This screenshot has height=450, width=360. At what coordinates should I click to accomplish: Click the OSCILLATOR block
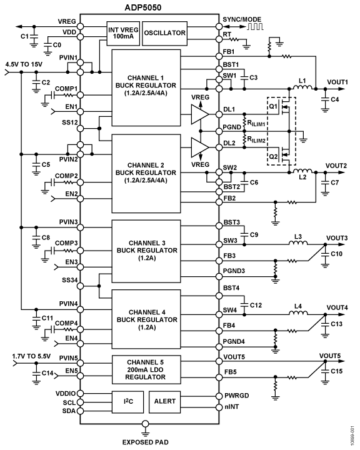(x=165, y=33)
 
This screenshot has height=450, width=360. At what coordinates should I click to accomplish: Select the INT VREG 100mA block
(x=123, y=33)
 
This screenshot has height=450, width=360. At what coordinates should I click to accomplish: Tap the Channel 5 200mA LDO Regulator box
(x=146, y=369)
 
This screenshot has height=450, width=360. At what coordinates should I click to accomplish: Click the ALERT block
(x=165, y=402)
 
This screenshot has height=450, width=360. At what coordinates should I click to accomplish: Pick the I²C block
(x=127, y=402)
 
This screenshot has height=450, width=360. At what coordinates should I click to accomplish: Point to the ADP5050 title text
(x=143, y=7)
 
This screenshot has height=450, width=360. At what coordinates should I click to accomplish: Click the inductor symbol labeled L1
(x=302, y=87)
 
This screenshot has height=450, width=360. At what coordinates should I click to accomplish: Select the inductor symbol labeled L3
(x=298, y=242)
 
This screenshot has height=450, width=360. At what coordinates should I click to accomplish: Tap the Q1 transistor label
(x=273, y=106)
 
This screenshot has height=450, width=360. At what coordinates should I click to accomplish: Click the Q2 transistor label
(x=273, y=157)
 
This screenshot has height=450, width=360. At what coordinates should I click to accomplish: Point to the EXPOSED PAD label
(x=145, y=442)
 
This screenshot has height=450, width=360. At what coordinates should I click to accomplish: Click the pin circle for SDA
(x=81, y=411)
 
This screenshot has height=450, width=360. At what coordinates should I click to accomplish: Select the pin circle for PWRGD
(x=219, y=396)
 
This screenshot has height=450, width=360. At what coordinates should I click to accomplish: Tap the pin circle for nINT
(x=219, y=407)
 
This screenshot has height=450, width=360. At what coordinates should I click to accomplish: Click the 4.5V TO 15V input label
(x=24, y=64)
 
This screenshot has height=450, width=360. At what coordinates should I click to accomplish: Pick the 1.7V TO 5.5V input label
(x=31, y=356)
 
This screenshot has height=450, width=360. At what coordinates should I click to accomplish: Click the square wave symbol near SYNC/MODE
(x=255, y=27)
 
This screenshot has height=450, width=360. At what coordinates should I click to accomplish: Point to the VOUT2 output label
(x=336, y=166)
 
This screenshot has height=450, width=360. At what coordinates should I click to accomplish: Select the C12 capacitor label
(x=256, y=305)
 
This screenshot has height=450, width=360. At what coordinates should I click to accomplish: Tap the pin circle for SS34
(x=81, y=286)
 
